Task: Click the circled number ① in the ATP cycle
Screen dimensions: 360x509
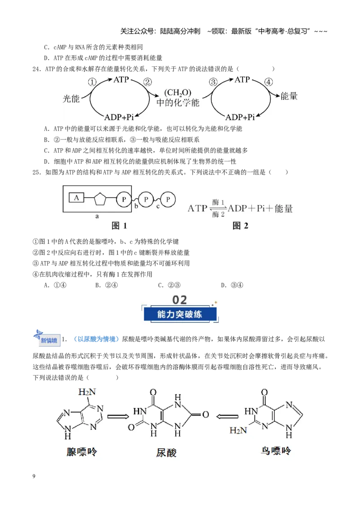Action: pyautogui.click(x=92, y=82)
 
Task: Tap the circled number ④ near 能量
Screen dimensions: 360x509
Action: pyautogui.click(x=268, y=82)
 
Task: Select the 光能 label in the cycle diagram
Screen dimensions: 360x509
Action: pyautogui.click(x=71, y=98)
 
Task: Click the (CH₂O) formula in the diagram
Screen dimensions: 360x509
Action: pyautogui.click(x=178, y=93)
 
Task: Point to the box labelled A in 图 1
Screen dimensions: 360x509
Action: pyautogui.click(x=76, y=198)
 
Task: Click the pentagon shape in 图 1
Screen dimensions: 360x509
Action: pyautogui.click(x=100, y=199)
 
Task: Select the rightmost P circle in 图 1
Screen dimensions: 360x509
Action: pyautogui.click(x=168, y=199)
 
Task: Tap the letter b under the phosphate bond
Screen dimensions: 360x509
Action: pyautogui.click(x=136, y=206)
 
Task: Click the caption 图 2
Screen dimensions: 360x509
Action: pyautogui.click(x=240, y=226)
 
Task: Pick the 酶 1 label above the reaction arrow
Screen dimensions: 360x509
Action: pyautogui.click(x=218, y=202)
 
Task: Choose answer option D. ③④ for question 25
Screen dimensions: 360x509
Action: pyautogui.click(x=232, y=285)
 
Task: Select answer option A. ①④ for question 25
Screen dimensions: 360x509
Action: pyautogui.click(x=55, y=285)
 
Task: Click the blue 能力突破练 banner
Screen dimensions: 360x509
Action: pyautogui.click(x=180, y=314)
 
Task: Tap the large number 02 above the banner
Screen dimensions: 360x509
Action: pyautogui.click(x=180, y=299)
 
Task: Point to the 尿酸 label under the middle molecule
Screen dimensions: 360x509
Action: pyautogui.click(x=166, y=452)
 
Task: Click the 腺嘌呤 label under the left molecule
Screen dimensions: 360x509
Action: pyautogui.click(x=82, y=451)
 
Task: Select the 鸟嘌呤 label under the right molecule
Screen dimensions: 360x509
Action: pyautogui.click(x=276, y=451)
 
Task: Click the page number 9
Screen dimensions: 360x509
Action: pyautogui.click(x=34, y=476)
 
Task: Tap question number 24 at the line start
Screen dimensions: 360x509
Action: pyautogui.click(x=36, y=69)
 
